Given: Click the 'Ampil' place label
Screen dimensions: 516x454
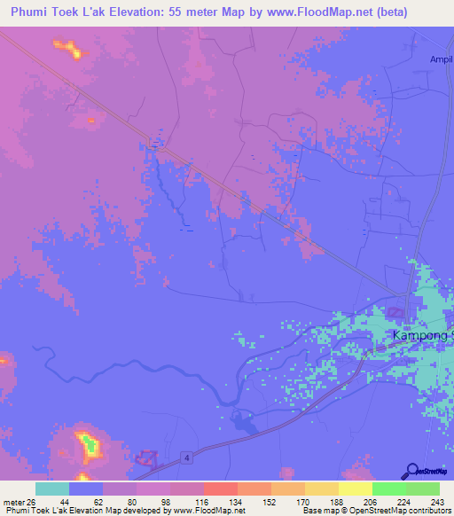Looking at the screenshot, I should tap(441, 59).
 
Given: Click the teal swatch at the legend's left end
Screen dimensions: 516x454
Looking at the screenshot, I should tap(52, 489).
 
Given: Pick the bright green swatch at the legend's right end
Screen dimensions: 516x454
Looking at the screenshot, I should tap(422, 489).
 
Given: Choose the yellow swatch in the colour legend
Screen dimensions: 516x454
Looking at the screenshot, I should tap(355, 489).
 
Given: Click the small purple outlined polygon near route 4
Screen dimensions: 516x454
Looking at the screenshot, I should tap(146, 457).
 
